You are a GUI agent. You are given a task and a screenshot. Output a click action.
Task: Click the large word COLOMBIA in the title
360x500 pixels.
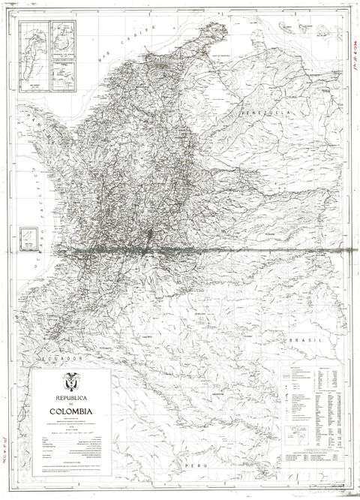pyautogui.click(x=71, y=410)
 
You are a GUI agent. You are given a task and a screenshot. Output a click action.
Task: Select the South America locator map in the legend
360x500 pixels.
pyautogui.click(x=301, y=432)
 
